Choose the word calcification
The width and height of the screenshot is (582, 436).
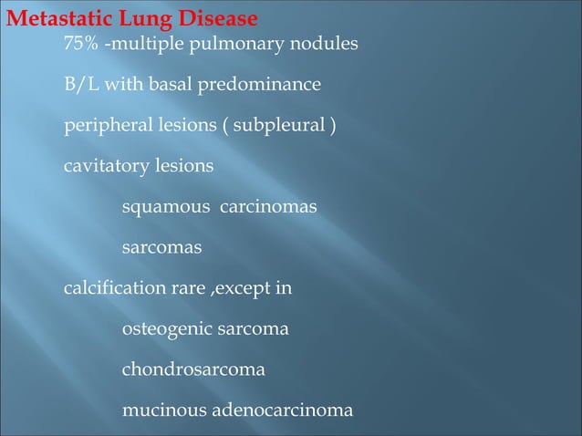(x=111, y=289)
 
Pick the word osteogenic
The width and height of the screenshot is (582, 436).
(x=166, y=329)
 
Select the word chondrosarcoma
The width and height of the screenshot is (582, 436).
(x=193, y=371)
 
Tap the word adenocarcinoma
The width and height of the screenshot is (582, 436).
(x=283, y=410)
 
